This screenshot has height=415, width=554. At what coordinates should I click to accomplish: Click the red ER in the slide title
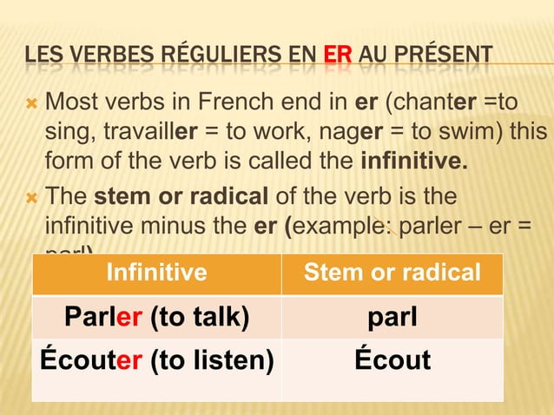tap(337, 58)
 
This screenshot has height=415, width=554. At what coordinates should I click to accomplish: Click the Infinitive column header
tap(156, 273)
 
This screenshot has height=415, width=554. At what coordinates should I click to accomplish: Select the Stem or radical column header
tap(392, 273)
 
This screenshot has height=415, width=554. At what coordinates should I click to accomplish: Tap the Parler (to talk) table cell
tap(156, 317)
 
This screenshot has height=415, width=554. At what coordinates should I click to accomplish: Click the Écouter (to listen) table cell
tap(156, 359)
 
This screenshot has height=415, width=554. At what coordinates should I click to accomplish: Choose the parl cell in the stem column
tap(392, 317)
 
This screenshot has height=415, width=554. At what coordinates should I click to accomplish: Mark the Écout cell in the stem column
tap(392, 359)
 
